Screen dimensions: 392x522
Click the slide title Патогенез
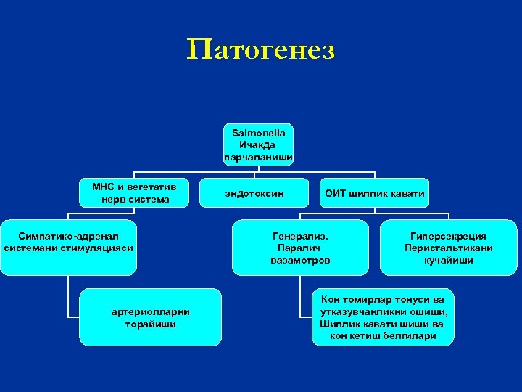coord(260,50)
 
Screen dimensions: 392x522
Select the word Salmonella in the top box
coord(258,133)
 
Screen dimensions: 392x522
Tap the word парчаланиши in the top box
coord(258,156)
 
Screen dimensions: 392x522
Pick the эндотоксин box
coord(254,193)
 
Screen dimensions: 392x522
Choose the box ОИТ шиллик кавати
coord(375,193)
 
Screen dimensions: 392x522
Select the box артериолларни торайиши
coord(151,317)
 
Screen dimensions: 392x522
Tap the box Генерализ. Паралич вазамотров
coord(300,247)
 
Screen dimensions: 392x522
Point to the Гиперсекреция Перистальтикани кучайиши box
coord(448,247)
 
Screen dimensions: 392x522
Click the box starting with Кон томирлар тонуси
coord(383,317)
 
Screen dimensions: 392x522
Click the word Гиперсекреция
coord(448,236)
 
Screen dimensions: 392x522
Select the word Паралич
coord(300,248)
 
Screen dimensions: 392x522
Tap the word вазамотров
coord(300,259)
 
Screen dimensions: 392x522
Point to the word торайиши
coord(151,324)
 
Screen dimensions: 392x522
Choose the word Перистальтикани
coord(448,248)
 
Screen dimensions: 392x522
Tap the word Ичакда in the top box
coord(258,144)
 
